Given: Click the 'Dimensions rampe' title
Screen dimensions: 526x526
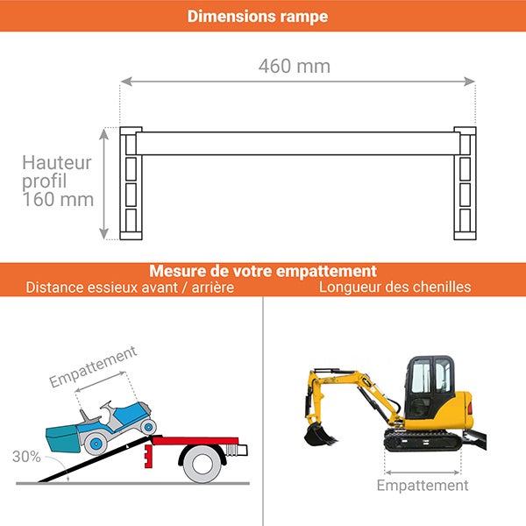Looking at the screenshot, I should [x=258, y=17].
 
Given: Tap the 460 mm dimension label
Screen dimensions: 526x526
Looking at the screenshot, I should [x=295, y=67].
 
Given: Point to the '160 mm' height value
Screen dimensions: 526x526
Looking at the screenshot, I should [x=58, y=200].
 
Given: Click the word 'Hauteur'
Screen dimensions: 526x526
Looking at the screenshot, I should [x=57, y=162].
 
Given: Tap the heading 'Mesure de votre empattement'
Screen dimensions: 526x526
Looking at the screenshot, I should [x=263, y=271].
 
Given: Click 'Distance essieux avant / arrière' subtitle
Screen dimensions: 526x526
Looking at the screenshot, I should [x=130, y=288].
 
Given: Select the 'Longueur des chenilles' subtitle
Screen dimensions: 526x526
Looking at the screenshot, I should [x=394, y=288].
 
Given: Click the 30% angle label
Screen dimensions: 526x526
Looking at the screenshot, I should [x=25, y=457].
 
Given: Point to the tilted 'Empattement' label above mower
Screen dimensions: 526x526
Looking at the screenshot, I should [x=93, y=366].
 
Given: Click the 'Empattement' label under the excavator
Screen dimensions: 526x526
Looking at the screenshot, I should [x=423, y=486].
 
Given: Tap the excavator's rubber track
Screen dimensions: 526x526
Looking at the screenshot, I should [x=423, y=441].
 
